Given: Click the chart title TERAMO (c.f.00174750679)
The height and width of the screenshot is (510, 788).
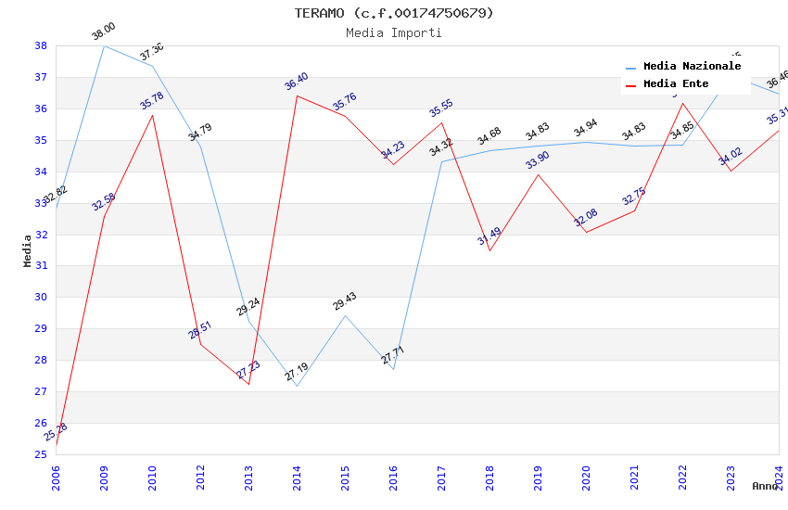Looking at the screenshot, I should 394,13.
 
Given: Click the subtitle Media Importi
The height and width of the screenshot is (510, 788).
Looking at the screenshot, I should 394,32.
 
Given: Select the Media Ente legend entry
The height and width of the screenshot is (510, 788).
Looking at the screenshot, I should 676,83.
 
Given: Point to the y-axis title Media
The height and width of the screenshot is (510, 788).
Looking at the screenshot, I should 27,250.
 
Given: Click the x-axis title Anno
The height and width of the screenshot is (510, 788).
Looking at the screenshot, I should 765,486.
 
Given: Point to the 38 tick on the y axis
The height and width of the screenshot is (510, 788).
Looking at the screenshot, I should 41,45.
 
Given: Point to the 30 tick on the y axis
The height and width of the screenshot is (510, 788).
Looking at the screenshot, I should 41,297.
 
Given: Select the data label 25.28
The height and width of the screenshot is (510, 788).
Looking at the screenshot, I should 56,432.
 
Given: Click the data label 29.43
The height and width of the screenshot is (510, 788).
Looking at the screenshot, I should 345,301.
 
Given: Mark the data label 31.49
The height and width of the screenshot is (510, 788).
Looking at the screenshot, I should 489,236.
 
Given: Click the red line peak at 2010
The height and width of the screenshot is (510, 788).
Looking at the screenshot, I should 152,115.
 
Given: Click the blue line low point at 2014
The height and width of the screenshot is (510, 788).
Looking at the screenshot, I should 297,386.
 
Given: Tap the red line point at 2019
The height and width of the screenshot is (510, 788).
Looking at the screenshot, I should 538,174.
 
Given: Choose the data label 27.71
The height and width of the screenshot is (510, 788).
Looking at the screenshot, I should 393,355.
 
